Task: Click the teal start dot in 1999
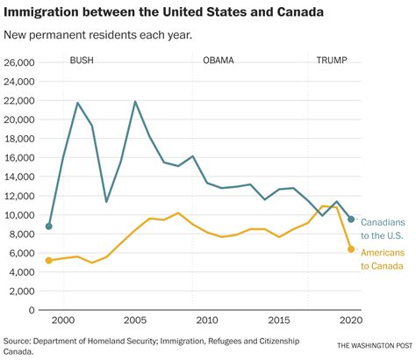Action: tap(49, 227)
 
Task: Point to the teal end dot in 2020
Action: tap(351, 220)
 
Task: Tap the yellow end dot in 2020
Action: tap(351, 249)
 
